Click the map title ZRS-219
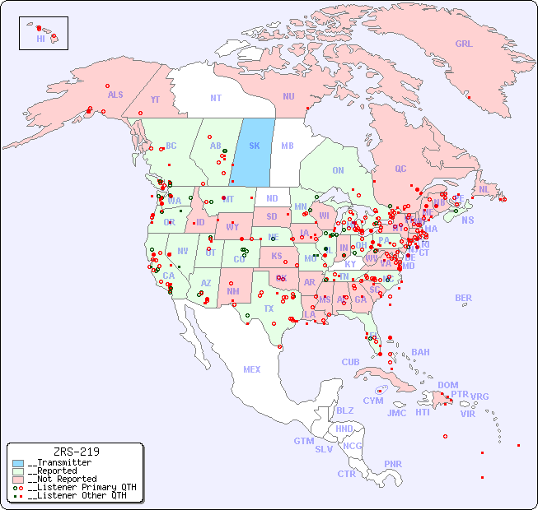point(76,452)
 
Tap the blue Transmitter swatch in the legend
point(19,463)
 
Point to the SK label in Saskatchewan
point(254,146)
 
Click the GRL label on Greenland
point(464,44)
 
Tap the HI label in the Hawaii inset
point(40,39)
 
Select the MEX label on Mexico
point(251,369)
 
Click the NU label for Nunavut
point(288,96)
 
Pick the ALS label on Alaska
point(115,95)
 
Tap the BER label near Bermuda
point(463,298)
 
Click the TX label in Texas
point(269,308)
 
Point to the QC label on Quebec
point(400,169)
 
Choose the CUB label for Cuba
point(350,362)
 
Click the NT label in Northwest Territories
point(215,98)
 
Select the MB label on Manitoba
point(288,146)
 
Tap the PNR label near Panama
point(393,464)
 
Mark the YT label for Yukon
point(155,100)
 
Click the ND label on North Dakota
point(272,198)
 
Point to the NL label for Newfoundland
point(484,188)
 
